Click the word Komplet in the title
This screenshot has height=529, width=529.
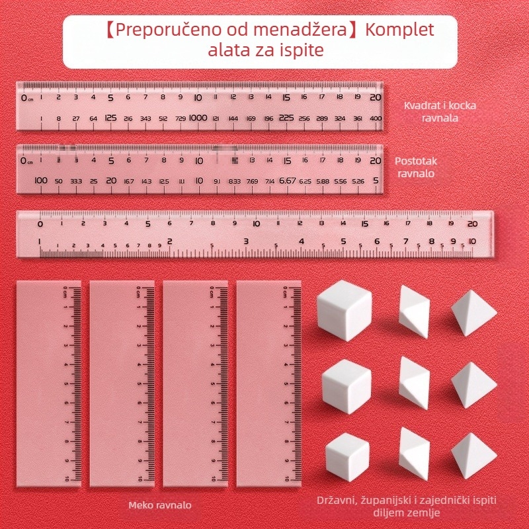400,30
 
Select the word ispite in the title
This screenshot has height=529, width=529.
302,50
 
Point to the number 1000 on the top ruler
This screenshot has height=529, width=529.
198,118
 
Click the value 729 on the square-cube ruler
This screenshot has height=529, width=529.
180,118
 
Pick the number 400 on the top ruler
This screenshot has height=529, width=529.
376,118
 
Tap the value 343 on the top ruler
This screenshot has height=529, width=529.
145,118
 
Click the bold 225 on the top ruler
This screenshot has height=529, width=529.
286,118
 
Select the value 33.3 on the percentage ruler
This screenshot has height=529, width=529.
76,181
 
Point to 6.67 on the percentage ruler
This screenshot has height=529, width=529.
287,180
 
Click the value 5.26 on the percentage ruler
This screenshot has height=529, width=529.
358,181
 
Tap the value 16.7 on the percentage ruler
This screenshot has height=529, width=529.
128,181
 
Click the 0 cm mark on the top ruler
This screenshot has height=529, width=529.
24,98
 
